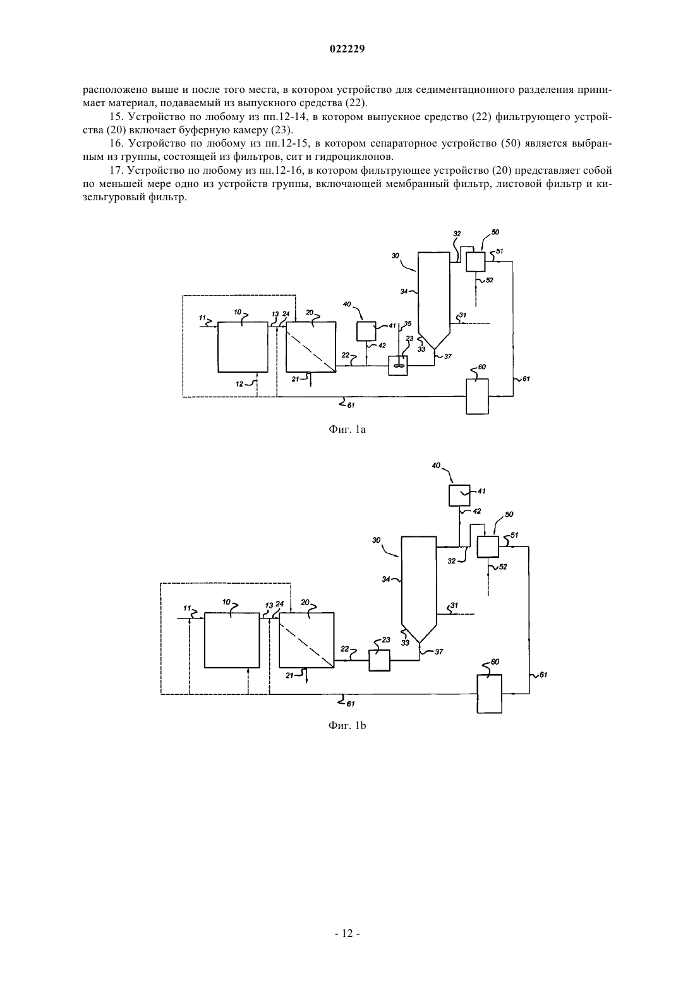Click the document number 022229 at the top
pyautogui.click(x=347, y=49)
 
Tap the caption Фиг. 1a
pyautogui.click(x=347, y=430)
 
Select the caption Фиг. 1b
pyautogui.click(x=347, y=726)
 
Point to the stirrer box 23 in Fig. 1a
pyautogui.click(x=398, y=366)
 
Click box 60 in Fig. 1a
pyautogui.click(x=477, y=396)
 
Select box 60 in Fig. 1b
pyautogui.click(x=490, y=694)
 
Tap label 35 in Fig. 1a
pyautogui.click(x=408, y=324)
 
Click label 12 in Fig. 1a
pyautogui.click(x=239, y=384)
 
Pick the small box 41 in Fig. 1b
pyautogui.click(x=459, y=495)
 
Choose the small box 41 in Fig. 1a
pyautogui.click(x=366, y=331)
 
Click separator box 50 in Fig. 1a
pyautogui.click(x=476, y=262)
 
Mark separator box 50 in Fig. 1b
pyautogui.click(x=488, y=547)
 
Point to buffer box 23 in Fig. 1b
pyautogui.click(x=379, y=660)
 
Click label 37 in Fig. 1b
pyautogui.click(x=438, y=652)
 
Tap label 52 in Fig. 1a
pyautogui.click(x=489, y=280)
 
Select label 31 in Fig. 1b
pyautogui.click(x=454, y=605)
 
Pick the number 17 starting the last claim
pyautogui.click(x=115, y=171)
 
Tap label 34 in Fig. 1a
pyautogui.click(x=404, y=291)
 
